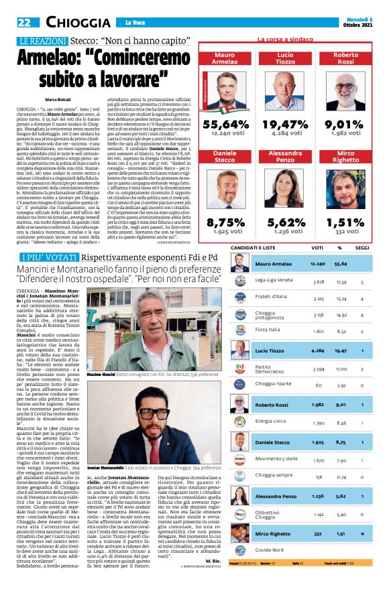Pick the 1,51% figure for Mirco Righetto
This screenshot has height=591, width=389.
[x=345, y=223]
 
